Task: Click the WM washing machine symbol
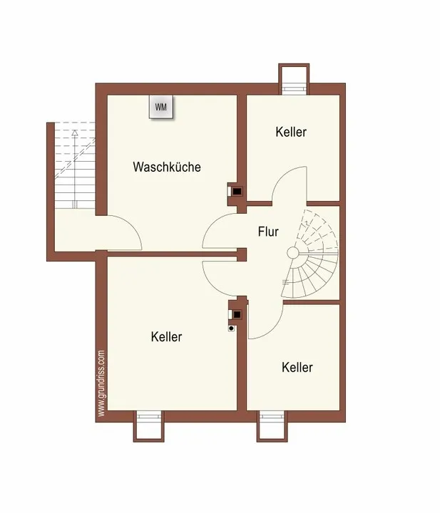[161, 107]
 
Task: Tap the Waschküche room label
[167, 167]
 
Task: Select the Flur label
[268, 232]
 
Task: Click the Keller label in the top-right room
[291, 132]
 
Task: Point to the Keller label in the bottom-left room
[166, 336]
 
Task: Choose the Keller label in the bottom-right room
[297, 368]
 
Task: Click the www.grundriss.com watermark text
[101, 383]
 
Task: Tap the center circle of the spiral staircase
[293, 252]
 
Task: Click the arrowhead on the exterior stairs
[75, 133]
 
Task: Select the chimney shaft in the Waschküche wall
[236, 191]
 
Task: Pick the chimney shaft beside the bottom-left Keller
[236, 314]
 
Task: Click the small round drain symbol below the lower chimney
[232, 328]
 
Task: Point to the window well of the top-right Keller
[294, 79]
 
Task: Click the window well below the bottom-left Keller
[148, 426]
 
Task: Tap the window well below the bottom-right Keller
[272, 426]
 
